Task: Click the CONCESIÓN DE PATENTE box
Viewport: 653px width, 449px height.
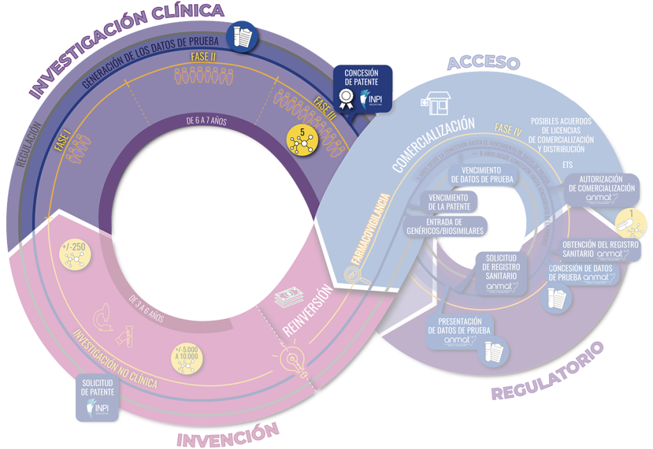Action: click(x=362, y=89)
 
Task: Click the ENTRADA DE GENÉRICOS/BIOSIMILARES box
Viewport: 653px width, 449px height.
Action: click(x=446, y=225)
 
